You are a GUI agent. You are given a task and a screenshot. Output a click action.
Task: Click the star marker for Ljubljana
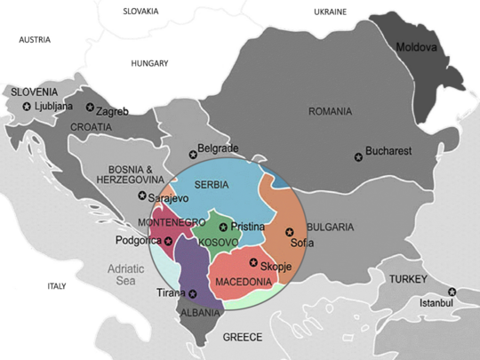click(27, 107)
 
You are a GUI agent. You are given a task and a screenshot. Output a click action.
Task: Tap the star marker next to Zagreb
click(90, 108)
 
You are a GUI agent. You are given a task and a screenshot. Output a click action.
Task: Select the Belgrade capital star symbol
click(193, 155)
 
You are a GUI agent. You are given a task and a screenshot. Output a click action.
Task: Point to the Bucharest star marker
click(358, 156)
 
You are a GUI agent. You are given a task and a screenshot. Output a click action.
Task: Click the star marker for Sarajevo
click(142, 196)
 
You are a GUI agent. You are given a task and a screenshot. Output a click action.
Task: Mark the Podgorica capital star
click(168, 241)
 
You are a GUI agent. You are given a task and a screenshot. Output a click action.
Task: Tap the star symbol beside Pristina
click(223, 227)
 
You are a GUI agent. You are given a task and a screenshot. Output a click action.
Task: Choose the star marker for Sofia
click(288, 233)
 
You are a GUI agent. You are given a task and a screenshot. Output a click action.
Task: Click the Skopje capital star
click(253, 262)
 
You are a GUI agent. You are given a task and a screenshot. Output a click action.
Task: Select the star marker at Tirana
click(193, 293)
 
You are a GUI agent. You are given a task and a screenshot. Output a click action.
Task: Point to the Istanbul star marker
click(452, 292)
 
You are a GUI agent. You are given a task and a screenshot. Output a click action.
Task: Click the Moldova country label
click(417, 47)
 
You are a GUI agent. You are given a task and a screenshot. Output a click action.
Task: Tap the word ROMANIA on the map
click(330, 111)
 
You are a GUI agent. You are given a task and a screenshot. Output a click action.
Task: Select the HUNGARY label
click(149, 63)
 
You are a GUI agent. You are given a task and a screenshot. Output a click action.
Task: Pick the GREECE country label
click(242, 337)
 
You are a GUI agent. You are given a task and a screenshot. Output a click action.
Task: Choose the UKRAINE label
click(331, 12)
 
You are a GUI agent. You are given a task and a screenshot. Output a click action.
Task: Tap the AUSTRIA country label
click(35, 40)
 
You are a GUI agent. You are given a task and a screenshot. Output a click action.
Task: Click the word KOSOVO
click(217, 243)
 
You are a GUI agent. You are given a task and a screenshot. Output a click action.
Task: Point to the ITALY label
click(56, 286)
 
